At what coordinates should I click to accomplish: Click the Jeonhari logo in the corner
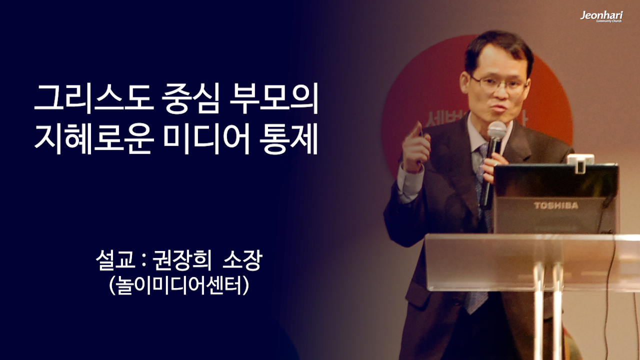601,16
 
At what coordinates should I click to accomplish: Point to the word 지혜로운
92,140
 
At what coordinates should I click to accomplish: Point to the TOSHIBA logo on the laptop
555,205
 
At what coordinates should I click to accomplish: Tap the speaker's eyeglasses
498,83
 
